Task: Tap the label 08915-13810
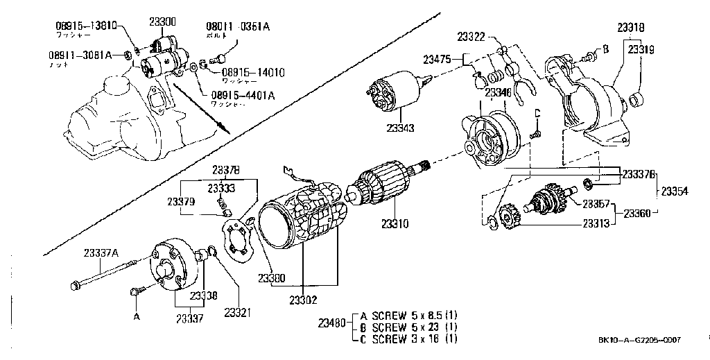(x=86, y=26)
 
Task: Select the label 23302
(x=302, y=300)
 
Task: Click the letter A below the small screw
(x=137, y=316)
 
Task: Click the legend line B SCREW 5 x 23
(x=409, y=327)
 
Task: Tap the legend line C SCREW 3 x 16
(x=409, y=339)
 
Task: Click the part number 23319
(x=642, y=50)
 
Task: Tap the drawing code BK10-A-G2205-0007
(x=639, y=340)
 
